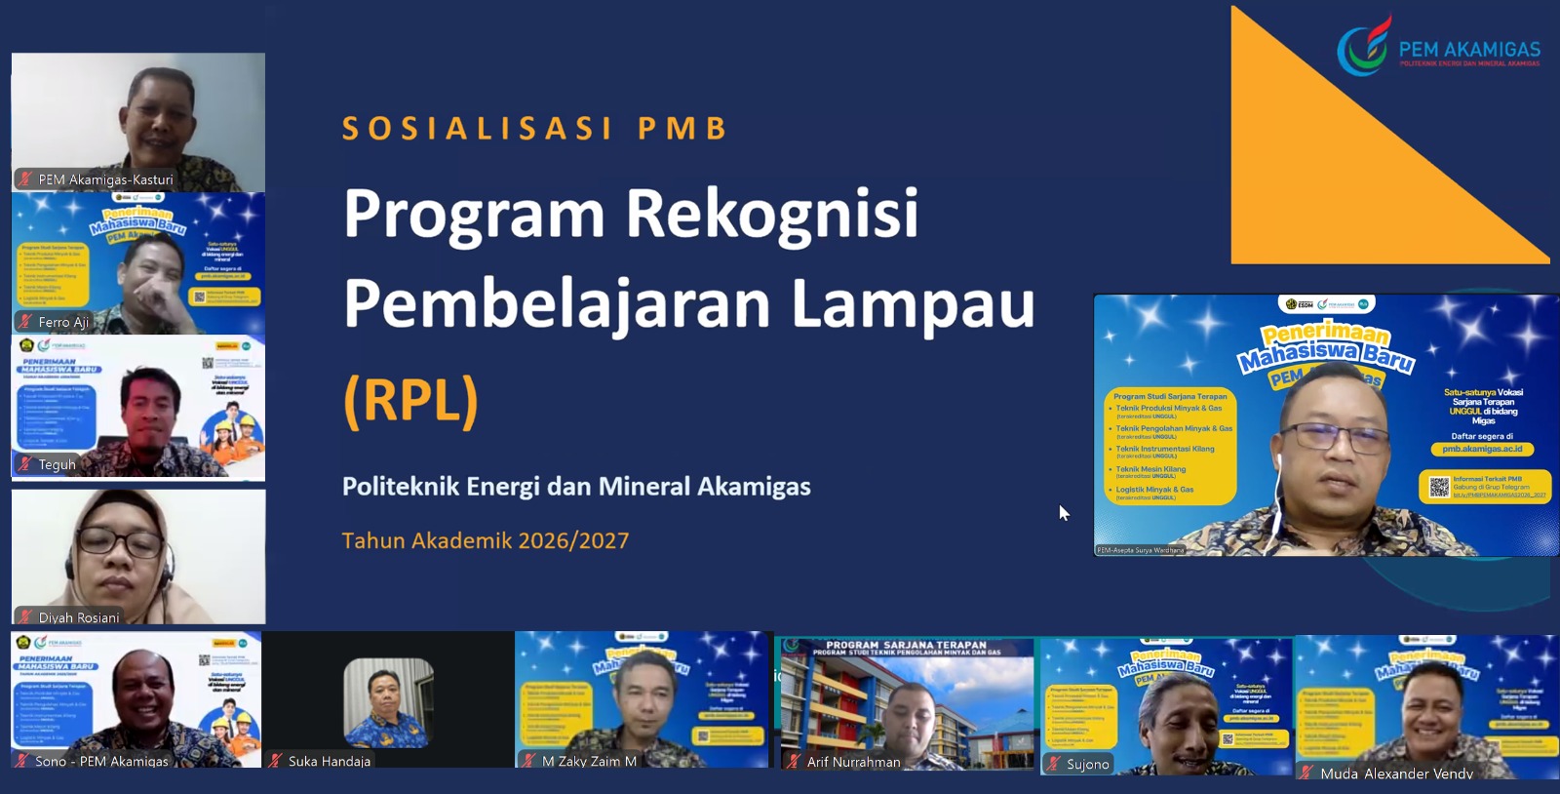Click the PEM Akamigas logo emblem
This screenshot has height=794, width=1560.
[x=1363, y=46]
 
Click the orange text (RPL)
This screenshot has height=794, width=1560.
[x=410, y=401]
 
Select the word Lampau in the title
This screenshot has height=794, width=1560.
[x=913, y=303]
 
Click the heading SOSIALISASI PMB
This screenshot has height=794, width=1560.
[x=535, y=129]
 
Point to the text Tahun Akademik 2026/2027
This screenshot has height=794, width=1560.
[x=486, y=540]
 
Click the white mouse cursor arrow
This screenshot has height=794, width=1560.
[x=1063, y=512]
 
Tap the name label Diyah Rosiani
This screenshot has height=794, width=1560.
[x=79, y=617]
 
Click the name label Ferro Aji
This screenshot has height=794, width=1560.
[x=63, y=322]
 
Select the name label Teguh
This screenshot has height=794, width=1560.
[x=57, y=464]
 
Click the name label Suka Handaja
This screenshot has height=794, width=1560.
[x=330, y=761]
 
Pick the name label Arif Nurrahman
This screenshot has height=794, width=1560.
[x=854, y=762]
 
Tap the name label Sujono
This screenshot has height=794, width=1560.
[x=1088, y=764]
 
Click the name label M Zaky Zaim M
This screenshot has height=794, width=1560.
[x=589, y=761]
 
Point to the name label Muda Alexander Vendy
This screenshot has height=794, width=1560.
[x=1396, y=774]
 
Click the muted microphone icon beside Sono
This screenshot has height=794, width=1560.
[x=20, y=761]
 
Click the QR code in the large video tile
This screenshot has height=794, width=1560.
[x=1439, y=487]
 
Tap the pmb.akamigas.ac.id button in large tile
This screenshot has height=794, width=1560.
[x=1482, y=450]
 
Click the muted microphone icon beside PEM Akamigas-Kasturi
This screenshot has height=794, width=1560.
[x=25, y=179]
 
